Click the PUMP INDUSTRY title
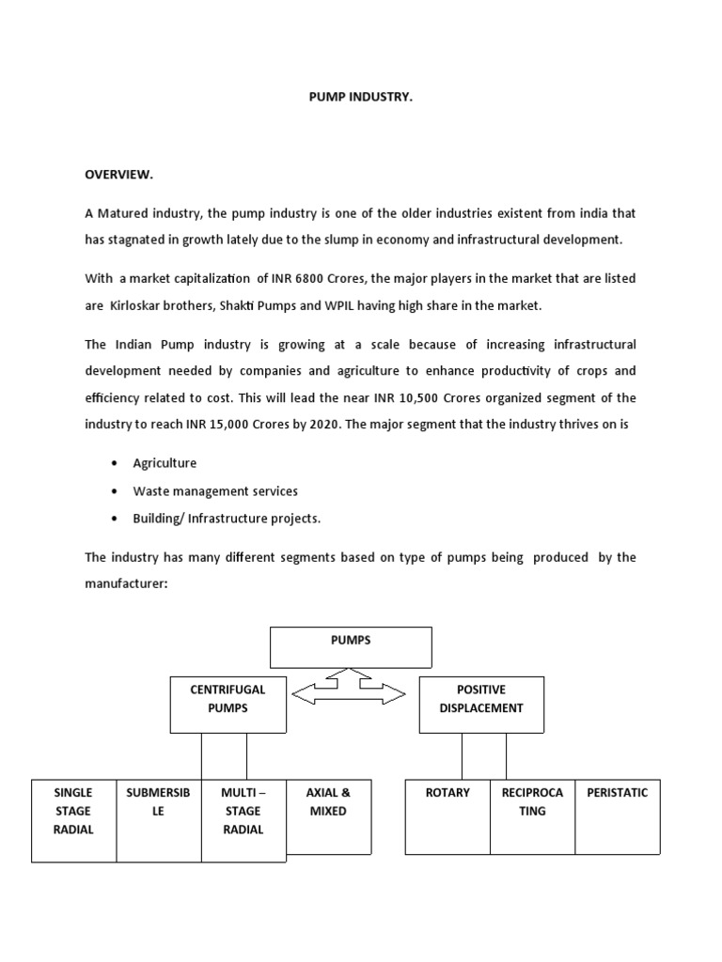[360, 97]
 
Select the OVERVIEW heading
[118, 175]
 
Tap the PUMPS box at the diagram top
[351, 646]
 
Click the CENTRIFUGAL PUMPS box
[228, 704]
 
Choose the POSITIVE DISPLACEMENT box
[480, 704]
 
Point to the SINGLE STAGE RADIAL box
[73, 819]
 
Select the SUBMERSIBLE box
[158, 819]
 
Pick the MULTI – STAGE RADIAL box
[243, 819]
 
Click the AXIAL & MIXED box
[328, 816]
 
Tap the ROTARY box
[447, 815]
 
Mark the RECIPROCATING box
[532, 815]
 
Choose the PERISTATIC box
[618, 815]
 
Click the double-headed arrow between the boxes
[348, 693]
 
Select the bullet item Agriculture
[165, 463]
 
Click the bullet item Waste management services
[215, 490]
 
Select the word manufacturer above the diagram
[126, 583]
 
